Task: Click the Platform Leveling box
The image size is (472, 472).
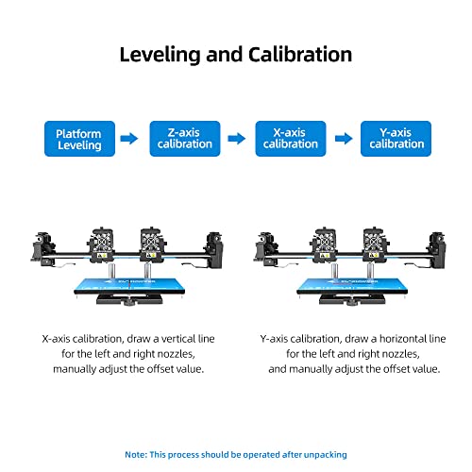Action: pyautogui.click(x=79, y=139)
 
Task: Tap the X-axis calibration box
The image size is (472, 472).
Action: pyautogui.click(x=291, y=139)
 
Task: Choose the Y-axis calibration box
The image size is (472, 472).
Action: pyautogui.click(x=396, y=139)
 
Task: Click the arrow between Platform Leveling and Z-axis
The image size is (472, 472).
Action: pyautogui.click(x=130, y=139)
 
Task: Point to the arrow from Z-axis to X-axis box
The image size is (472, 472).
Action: pyautogui.click(x=236, y=139)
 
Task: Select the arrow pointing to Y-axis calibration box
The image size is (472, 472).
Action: pyautogui.click(x=344, y=139)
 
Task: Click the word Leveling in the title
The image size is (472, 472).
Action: pyautogui.click(x=162, y=55)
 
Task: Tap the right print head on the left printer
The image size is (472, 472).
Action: pyautogui.click(x=152, y=242)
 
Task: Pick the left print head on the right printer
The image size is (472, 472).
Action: pyautogui.click(x=324, y=242)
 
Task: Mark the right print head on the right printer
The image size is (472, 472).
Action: pyautogui.click(x=376, y=242)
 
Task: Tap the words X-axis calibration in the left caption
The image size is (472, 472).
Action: pyautogui.click(x=86, y=337)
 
